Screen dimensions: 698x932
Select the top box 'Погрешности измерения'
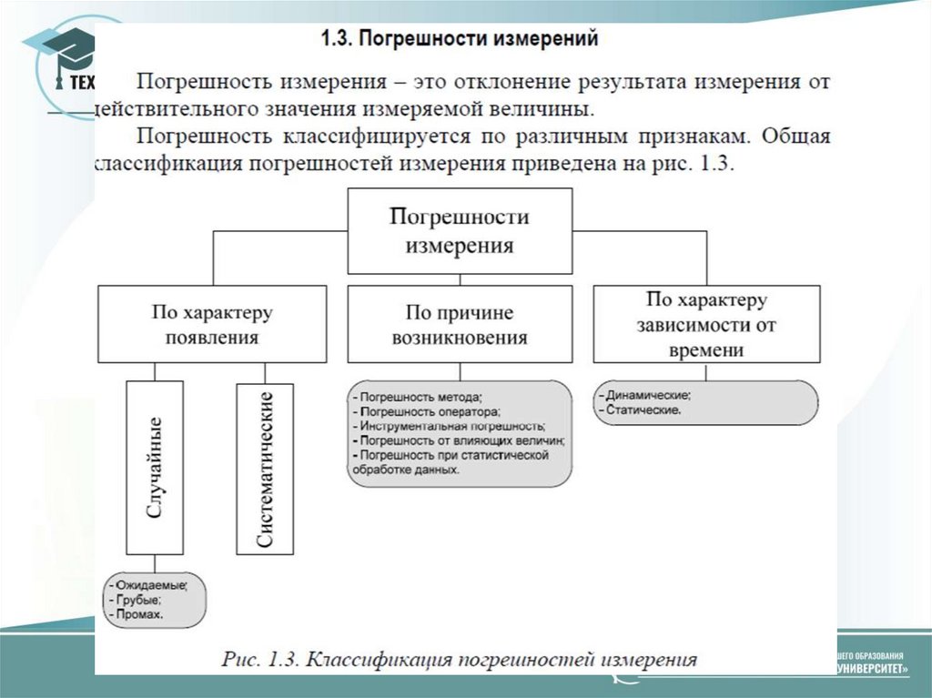point(460,231)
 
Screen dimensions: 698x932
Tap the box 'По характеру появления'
point(212,325)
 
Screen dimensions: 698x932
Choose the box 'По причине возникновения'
point(460,325)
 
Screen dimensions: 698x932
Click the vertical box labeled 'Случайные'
point(155,468)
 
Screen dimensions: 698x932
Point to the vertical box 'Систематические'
point(265,468)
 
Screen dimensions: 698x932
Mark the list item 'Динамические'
point(646,396)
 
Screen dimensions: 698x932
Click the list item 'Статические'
point(642,410)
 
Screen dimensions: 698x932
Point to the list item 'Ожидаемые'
point(150,584)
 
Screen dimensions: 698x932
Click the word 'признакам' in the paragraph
point(697,137)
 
